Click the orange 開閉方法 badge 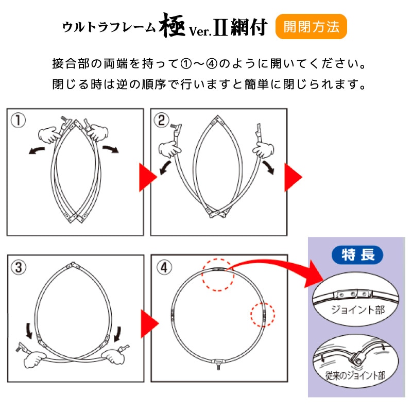tap(311, 27)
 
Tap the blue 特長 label tap(357, 255)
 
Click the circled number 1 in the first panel tap(18, 121)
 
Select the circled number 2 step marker tap(161, 121)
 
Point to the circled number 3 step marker tap(19, 267)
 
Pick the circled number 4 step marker tap(164, 267)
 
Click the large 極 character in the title tap(173, 26)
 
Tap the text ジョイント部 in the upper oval tap(358, 310)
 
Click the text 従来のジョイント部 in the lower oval tap(355, 375)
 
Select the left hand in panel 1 tap(49, 135)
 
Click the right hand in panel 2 tap(263, 150)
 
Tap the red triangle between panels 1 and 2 tap(148, 177)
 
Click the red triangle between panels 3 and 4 tap(150, 324)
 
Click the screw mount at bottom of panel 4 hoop tap(218, 364)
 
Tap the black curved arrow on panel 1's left tap(37, 150)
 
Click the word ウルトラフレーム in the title tap(109, 27)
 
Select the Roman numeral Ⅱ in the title tap(220, 28)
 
